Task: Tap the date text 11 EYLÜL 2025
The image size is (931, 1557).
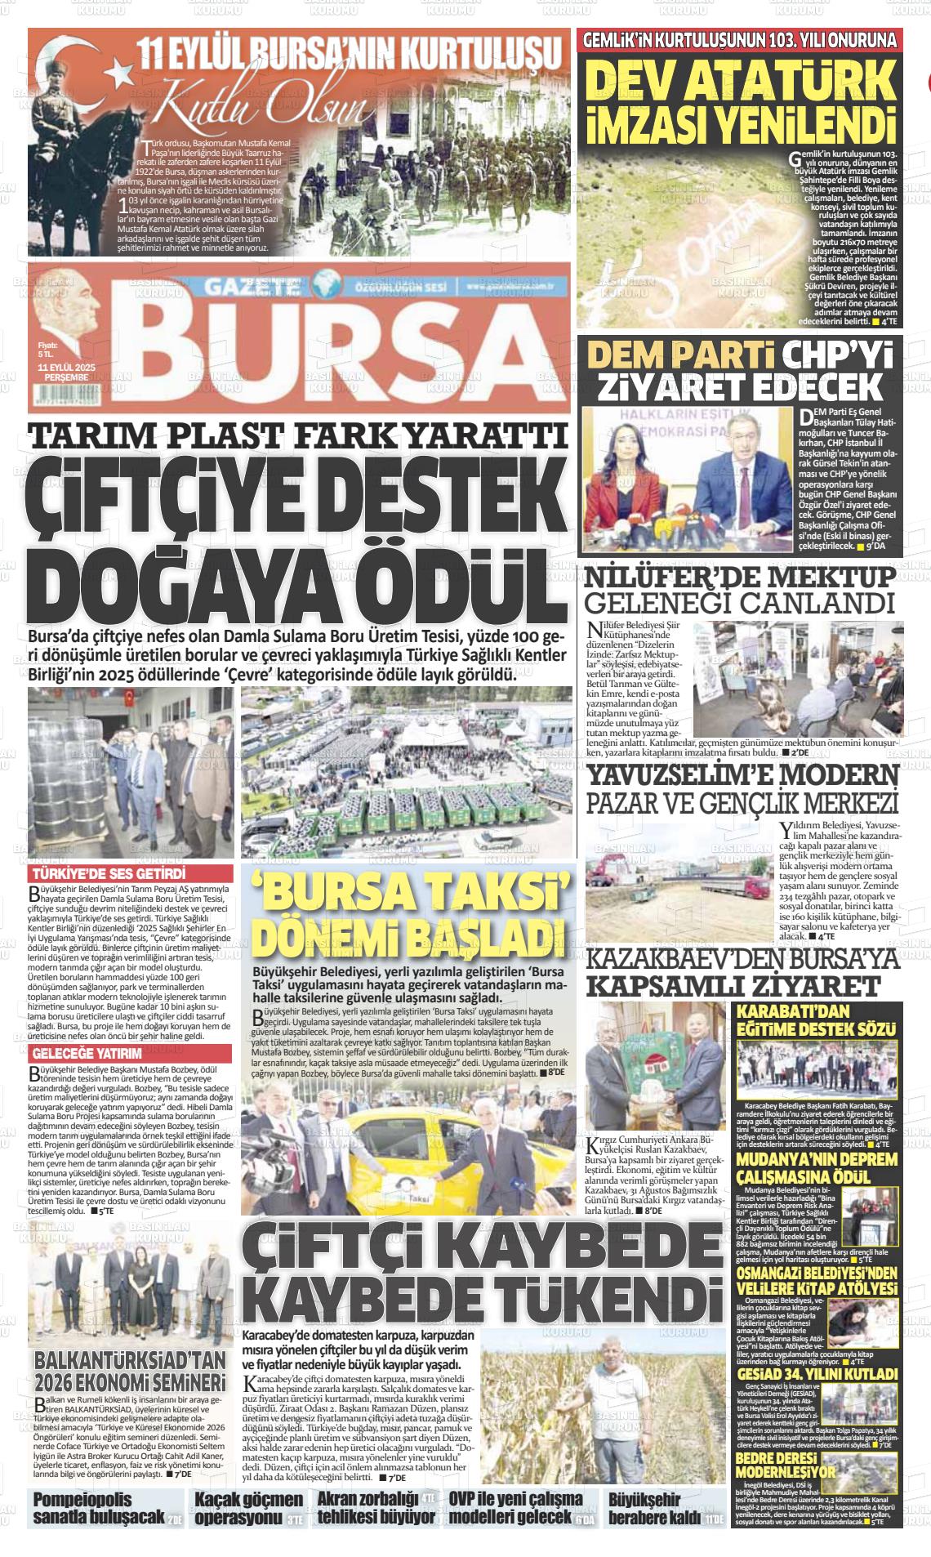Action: click(x=67, y=368)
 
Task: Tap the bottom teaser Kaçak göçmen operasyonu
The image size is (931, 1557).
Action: click(x=248, y=1508)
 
